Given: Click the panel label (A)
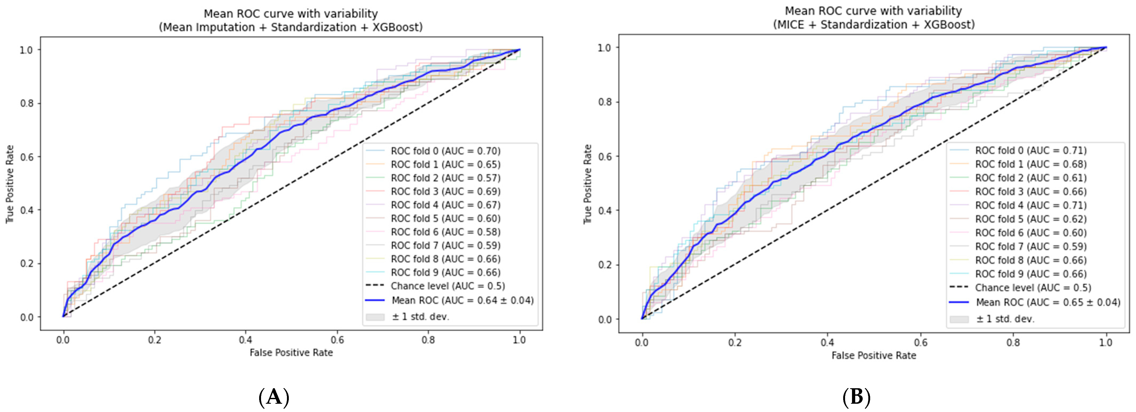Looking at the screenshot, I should pos(274,397).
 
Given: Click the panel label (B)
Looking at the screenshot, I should pos(856,397).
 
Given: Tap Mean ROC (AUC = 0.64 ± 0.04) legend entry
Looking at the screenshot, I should pos(462,300).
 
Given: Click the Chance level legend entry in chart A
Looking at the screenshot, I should pos(447,286).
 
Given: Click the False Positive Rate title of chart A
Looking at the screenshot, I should pos(291,352).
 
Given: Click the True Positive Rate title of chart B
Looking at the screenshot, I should pos(588,184).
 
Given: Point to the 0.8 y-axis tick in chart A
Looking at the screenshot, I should pos(26,103).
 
